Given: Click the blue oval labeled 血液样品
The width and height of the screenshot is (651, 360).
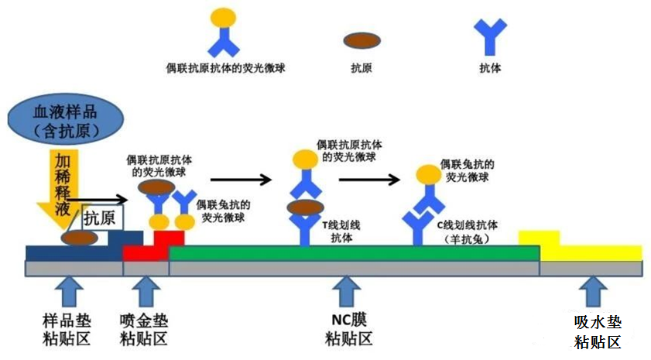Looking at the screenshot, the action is (66, 118).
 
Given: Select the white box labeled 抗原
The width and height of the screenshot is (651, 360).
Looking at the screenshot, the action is (102, 218).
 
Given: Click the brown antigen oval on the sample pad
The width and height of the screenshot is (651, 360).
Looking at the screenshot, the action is (79, 238).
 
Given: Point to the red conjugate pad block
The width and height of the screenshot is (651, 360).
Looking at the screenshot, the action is (153, 248).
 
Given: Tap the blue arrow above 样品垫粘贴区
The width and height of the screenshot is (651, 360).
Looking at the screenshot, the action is (69, 292).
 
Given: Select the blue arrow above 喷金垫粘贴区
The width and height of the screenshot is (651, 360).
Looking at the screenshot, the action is (146, 292).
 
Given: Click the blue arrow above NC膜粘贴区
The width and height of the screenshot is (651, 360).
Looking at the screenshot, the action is (346, 292).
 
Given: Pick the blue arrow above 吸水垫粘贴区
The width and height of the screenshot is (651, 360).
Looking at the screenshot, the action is (594, 292).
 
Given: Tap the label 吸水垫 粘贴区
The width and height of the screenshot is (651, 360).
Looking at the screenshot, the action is (598, 332).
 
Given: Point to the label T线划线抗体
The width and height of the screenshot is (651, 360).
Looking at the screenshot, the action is (341, 231).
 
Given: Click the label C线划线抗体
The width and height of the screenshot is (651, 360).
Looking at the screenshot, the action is (467, 232).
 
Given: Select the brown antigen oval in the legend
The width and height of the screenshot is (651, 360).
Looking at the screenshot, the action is (361, 40).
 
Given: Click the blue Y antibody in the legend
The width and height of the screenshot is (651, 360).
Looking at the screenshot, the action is (490, 36).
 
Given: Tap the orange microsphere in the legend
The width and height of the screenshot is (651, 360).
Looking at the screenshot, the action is (224, 18).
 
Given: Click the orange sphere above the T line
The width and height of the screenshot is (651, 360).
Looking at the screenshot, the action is (305, 159).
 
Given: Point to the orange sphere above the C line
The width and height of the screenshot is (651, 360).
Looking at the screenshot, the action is (429, 174).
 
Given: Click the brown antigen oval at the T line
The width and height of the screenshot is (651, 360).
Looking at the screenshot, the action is (305, 207).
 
